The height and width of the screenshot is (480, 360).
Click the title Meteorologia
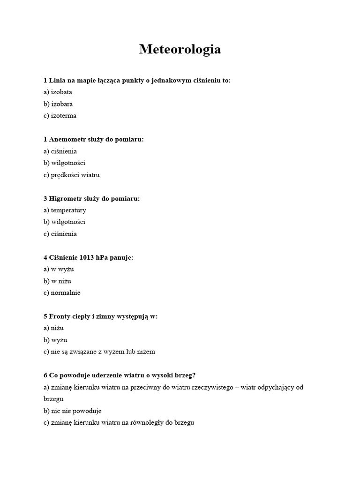180,49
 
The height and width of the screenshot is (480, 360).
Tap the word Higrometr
66,199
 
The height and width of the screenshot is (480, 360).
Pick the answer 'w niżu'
61,281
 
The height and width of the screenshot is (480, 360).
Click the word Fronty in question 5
59,317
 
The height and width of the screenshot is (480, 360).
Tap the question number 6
45,375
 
